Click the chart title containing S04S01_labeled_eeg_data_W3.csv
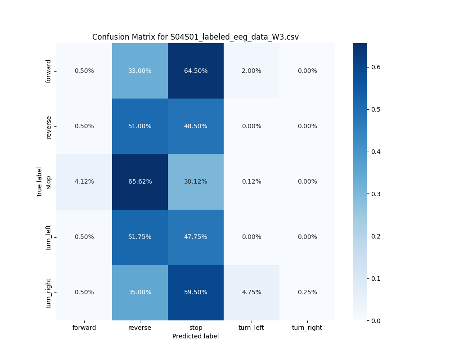tap(195, 37)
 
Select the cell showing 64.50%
tap(196, 71)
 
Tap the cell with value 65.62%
tap(140, 181)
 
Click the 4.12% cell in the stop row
tap(84, 181)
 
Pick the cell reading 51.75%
tap(140, 237)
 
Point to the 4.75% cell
tap(252, 292)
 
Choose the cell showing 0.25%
tap(307, 292)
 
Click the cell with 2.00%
tap(252, 71)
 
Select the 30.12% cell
tap(196, 181)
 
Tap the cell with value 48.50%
tap(196, 126)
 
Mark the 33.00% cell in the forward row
tap(140, 71)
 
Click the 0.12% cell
tap(252, 181)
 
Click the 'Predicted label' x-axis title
tap(196, 336)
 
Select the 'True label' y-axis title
tap(40, 182)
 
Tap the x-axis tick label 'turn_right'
tap(307, 328)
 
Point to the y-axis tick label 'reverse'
tap(49, 126)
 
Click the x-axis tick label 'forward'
tap(84, 328)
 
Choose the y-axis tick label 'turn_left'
tap(49, 237)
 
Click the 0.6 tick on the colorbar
tap(376, 67)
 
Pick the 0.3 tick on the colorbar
tap(376, 194)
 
